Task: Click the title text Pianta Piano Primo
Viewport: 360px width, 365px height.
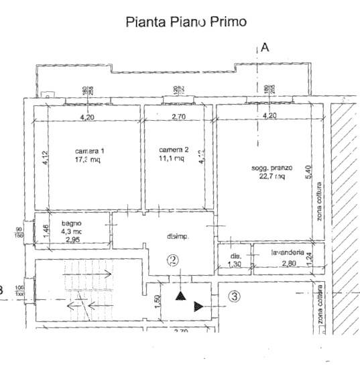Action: click(186, 21)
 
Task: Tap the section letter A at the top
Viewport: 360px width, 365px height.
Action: click(265, 47)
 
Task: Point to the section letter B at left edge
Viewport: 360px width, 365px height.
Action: click(2, 291)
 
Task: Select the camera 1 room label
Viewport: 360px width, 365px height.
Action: click(90, 150)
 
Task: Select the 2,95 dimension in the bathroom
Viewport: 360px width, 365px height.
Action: click(71, 240)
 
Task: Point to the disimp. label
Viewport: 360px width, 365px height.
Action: click(177, 237)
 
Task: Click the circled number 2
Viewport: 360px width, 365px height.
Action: click(173, 260)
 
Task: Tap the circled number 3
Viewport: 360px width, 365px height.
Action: click(234, 295)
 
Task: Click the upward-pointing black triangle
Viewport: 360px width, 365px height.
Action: click(180, 295)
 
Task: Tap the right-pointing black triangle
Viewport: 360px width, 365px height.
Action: click(198, 307)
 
